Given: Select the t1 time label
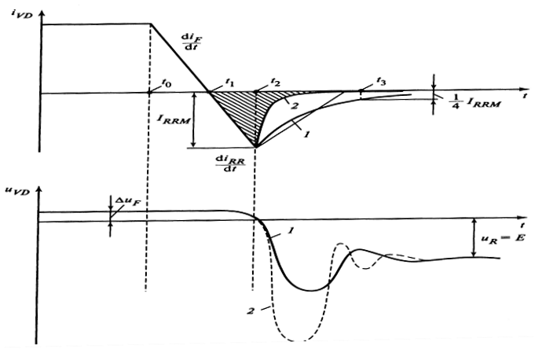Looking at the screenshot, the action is [229, 82].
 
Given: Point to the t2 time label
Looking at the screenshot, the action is [275, 82].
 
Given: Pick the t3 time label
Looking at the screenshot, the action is [381, 82].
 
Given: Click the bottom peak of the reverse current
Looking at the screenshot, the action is [257, 147].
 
